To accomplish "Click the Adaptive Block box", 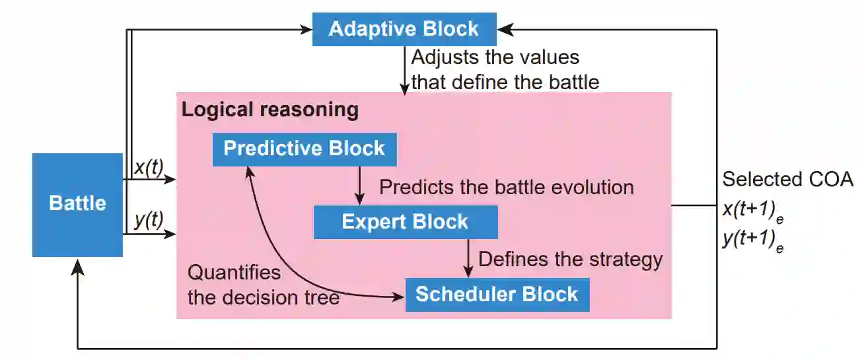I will point(404,29).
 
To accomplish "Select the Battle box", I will point(77,204).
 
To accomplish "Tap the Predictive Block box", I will point(304,149).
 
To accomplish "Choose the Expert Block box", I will point(405,222).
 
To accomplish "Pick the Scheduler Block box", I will point(497,294).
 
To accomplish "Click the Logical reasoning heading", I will point(270,110).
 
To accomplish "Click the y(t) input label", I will point(149,221).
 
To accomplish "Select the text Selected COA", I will point(787,179).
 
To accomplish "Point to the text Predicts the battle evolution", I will point(506,187).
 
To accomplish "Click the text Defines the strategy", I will point(569,259).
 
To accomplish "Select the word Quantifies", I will point(234,272).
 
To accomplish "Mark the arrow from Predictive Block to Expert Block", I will point(359,185).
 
